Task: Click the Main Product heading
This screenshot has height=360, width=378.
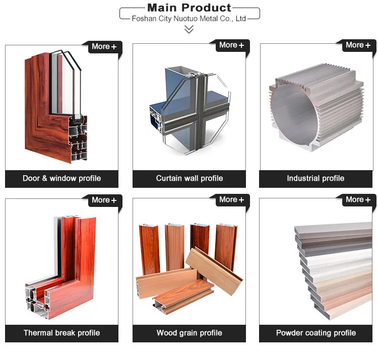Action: pyautogui.click(x=189, y=8)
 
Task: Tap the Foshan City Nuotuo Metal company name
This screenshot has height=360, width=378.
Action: pyautogui.click(x=188, y=19)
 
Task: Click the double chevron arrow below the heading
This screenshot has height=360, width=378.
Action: pyautogui.click(x=189, y=30)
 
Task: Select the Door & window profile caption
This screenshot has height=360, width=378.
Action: pyautogui.click(x=61, y=178)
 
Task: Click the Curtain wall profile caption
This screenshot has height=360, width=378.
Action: pyautogui.click(x=189, y=178)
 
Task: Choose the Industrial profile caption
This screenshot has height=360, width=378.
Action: pyautogui.click(x=316, y=178)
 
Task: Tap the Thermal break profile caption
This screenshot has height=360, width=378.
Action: pyautogui.click(x=61, y=333)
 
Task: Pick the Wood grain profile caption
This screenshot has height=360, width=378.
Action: pyautogui.click(x=189, y=333)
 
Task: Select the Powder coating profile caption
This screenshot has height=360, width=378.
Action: pyautogui.click(x=316, y=333)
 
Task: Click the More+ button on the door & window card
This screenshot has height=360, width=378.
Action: pyautogui.click(x=104, y=47)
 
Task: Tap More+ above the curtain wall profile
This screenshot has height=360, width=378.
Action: pyautogui.click(x=231, y=45)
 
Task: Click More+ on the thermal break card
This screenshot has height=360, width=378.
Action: pyautogui.click(x=104, y=200)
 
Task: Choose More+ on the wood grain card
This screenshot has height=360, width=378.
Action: pyautogui.click(x=231, y=200)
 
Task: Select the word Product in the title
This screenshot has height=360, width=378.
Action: pyautogui.click(x=206, y=8)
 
